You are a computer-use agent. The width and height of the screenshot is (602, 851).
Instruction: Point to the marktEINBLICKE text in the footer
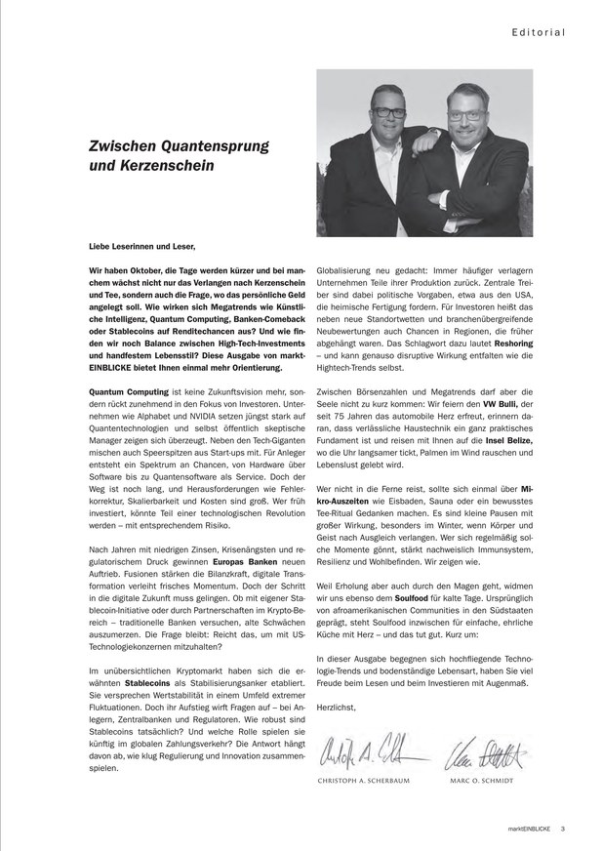point(529,830)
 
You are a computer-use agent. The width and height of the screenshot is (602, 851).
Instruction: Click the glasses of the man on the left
point(389,113)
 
